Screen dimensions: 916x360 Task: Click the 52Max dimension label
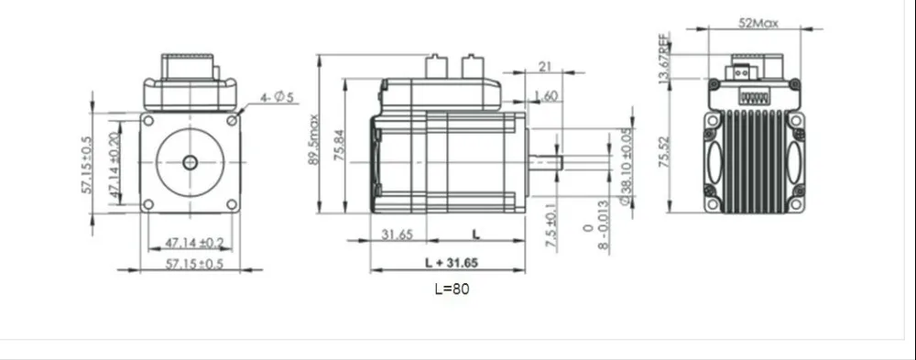pos(758,24)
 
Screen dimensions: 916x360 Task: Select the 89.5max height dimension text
pos(313,139)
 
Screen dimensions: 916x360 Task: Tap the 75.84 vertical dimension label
pos(341,145)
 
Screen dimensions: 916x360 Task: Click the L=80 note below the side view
pos(452,289)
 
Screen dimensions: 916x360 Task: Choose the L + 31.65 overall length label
pos(451,263)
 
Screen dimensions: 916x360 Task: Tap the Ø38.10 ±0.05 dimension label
pos(626,167)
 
